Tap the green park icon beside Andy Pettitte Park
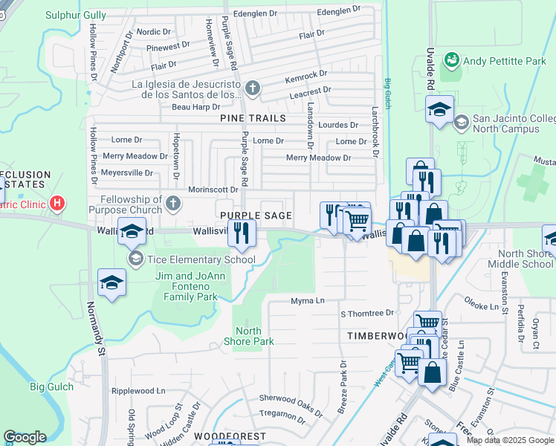tap(449, 59)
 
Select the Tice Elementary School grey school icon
tap(135, 259)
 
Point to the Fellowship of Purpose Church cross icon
tap(173, 204)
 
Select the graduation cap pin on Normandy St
tap(111, 283)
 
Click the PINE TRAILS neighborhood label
tap(253, 118)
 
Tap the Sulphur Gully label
tap(75, 15)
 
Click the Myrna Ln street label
tap(308, 301)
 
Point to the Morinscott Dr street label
tap(213, 190)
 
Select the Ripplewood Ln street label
tap(138, 391)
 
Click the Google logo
tap(25, 437)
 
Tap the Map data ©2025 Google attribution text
tap(510, 440)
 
